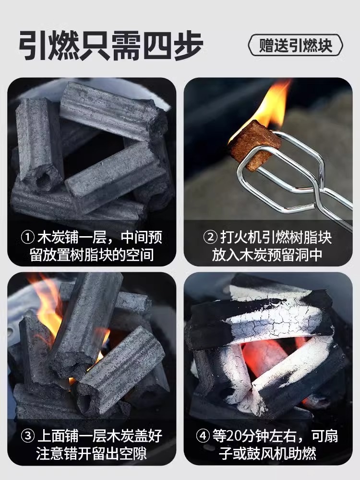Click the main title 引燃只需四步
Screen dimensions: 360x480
pyautogui.click(x=111, y=45)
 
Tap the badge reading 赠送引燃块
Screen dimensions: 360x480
pyautogui.click(x=295, y=45)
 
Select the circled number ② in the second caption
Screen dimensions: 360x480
pyautogui.click(x=210, y=237)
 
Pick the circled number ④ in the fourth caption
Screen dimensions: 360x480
pyautogui.click(x=203, y=436)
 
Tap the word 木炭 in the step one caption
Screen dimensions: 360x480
pyautogui.click(x=51, y=237)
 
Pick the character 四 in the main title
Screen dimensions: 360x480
pyautogui.click(x=157, y=45)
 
